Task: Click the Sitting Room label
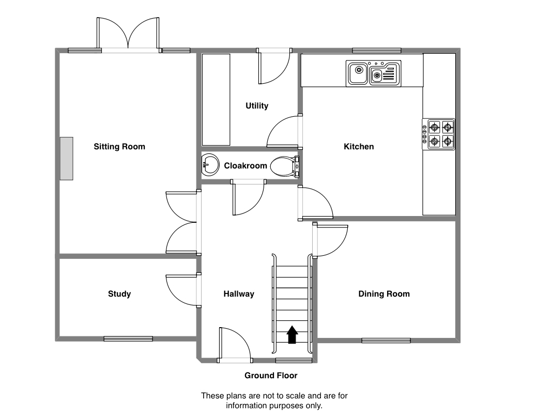tap(119, 147)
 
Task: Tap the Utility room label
tap(257, 106)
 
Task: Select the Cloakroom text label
tap(246, 166)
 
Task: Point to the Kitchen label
tap(359, 147)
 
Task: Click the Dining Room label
tap(384, 294)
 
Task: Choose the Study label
tap(119, 294)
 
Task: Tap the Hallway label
tap(239, 294)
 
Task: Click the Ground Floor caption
tap(271, 376)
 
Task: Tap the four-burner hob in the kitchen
tap(440, 134)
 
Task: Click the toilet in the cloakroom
tap(284, 166)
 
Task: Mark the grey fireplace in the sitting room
tap(66, 159)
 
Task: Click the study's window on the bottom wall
tap(128, 339)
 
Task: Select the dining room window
tap(386, 340)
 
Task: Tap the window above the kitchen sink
tap(377, 50)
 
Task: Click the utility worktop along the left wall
tap(216, 100)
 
